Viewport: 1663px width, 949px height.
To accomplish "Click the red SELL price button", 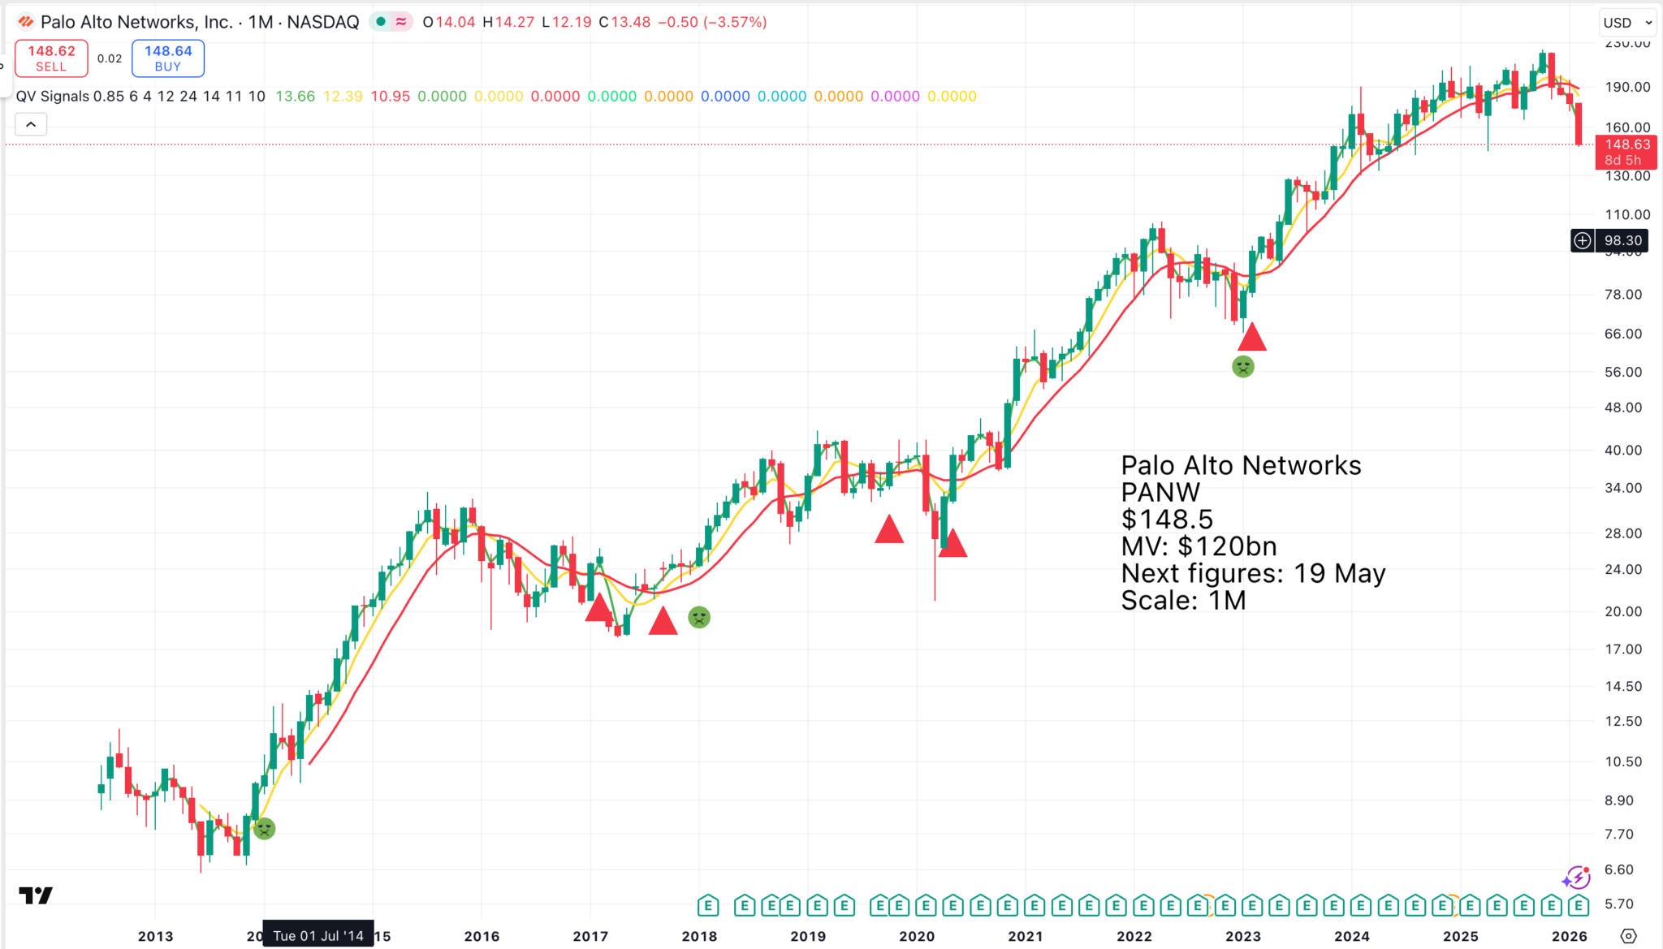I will coord(51,58).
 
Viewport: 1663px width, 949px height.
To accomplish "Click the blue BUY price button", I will coord(168,58).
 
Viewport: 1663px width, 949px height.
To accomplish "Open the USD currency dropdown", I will coord(1628,23).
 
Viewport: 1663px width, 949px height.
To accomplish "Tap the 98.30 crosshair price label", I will coord(1622,240).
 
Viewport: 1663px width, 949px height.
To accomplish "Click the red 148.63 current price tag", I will coord(1626,151).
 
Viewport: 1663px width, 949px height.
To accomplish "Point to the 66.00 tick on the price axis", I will coord(1622,334).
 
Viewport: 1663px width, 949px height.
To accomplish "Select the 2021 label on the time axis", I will coord(1025,936).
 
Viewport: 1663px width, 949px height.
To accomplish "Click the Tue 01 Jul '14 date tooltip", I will coord(318,936).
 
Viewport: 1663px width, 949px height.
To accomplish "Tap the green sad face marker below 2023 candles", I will coord(1242,367).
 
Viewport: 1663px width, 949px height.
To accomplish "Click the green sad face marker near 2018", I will coord(698,618).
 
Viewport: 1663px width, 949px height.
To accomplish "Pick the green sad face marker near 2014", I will coord(265,829).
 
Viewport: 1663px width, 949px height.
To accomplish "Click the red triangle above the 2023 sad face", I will coord(1251,337).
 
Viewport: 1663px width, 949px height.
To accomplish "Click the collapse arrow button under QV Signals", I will coord(31,124).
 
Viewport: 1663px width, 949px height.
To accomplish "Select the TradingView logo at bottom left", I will coord(36,895).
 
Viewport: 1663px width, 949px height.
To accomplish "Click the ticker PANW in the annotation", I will coord(1160,492).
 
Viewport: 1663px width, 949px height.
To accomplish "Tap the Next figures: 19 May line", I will coord(1252,573).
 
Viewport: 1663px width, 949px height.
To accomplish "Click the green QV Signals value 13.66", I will coord(295,97).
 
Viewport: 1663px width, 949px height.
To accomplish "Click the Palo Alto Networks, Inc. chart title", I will coord(136,22).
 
